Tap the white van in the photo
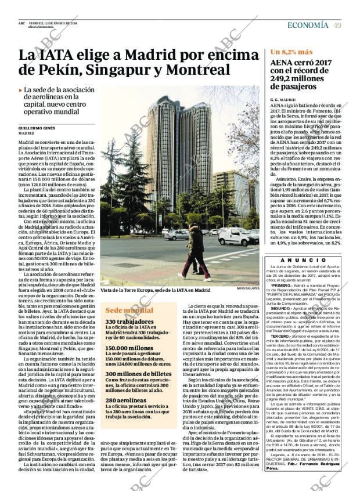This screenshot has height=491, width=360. coord(236,236)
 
